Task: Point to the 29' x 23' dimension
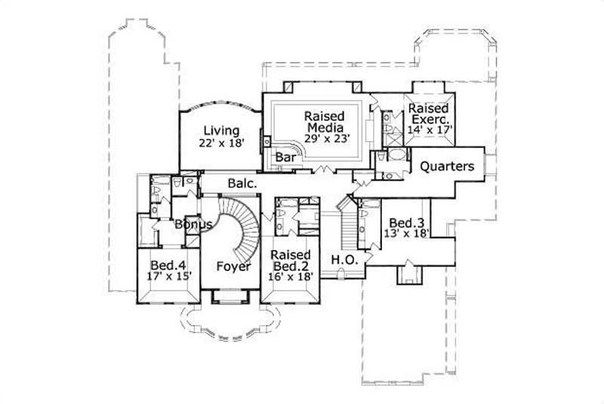(325, 138)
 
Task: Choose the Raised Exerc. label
(430, 114)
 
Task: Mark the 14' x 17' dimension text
(430, 129)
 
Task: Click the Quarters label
(447, 166)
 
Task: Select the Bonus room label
(193, 224)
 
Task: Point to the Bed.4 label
(165, 265)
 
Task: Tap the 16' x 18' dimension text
(291, 277)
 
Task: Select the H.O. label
(344, 261)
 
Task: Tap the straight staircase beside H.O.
(348, 227)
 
